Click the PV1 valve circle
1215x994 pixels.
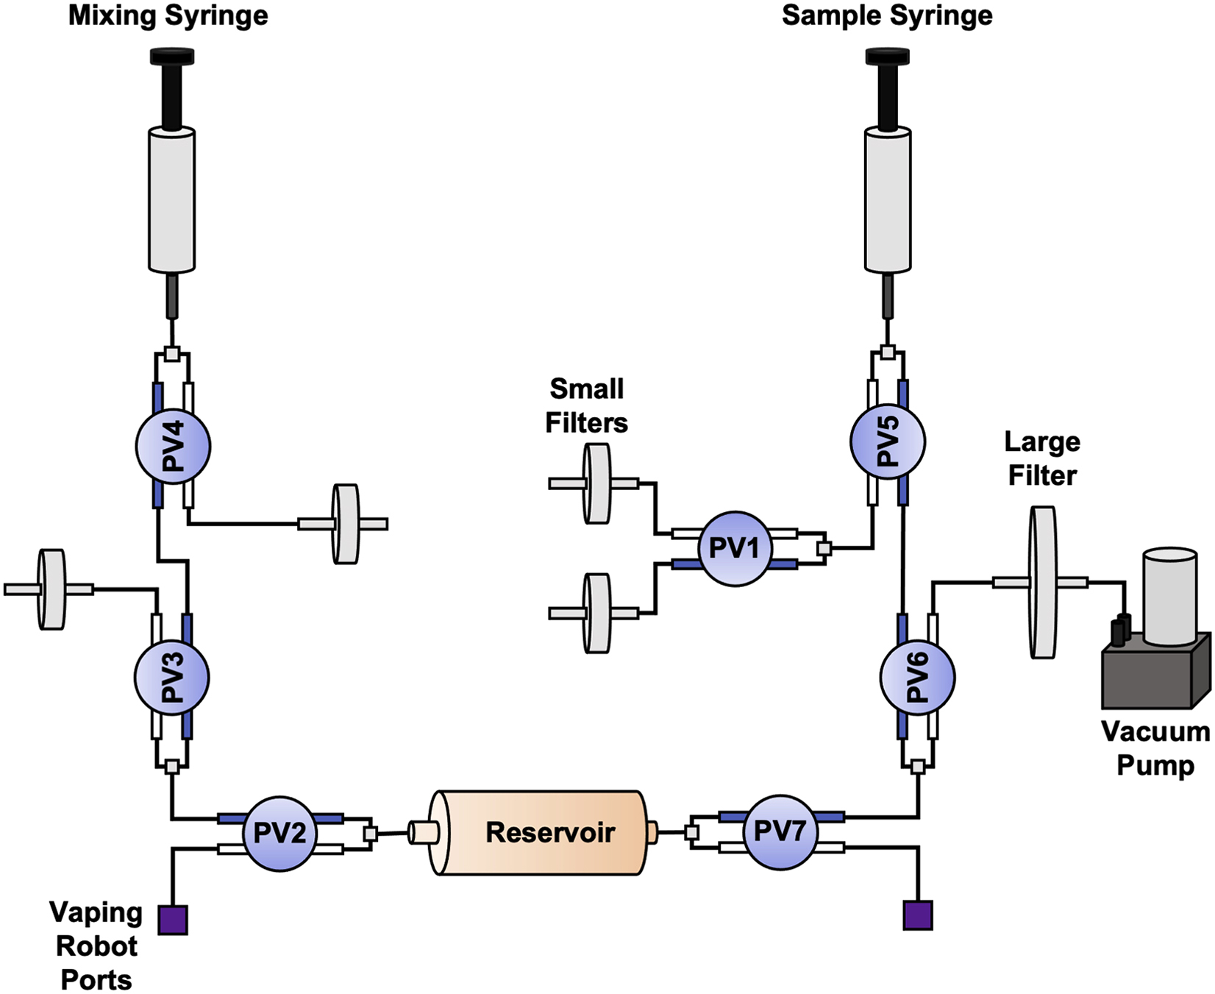tap(734, 549)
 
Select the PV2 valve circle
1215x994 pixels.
tap(279, 834)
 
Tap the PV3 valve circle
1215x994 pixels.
tap(172, 678)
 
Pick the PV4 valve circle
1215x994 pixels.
tap(174, 447)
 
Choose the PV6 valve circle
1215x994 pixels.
tap(917, 678)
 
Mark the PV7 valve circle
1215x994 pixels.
tap(780, 832)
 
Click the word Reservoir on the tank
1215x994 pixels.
tap(550, 832)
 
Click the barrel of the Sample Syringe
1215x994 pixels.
tap(888, 200)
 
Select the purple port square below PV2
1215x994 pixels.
tap(173, 920)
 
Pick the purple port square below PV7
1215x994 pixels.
tap(918, 915)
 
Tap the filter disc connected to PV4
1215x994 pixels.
tap(345, 524)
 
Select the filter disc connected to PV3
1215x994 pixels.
tap(51, 589)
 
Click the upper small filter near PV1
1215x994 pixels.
tap(596, 483)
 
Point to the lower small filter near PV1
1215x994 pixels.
tap(596, 613)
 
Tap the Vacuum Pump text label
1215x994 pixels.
tap(1155, 748)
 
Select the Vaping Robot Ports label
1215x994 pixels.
tap(96, 946)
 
